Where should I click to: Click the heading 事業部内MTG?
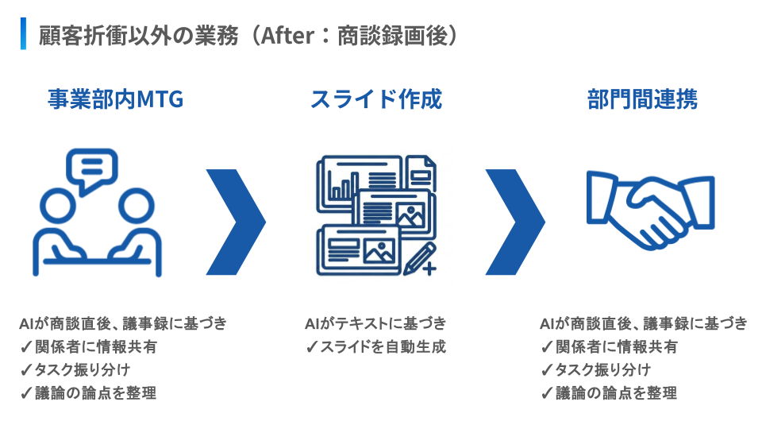point(115,99)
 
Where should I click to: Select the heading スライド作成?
point(375,99)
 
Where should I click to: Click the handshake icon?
point(649,211)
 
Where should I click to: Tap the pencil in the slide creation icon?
point(419,259)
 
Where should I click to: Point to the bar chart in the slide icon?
point(344,188)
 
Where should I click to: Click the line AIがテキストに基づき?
point(375,323)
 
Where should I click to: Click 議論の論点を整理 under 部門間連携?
point(615,392)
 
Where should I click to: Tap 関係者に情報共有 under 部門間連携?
point(616,346)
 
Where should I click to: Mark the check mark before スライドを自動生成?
point(312,347)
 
